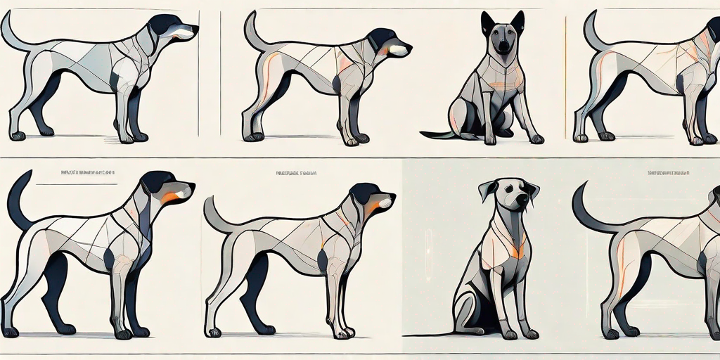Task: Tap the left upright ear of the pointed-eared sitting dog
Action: point(487,23)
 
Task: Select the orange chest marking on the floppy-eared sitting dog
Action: point(519,250)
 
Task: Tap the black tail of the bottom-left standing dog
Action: point(15,200)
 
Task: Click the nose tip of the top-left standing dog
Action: point(195,30)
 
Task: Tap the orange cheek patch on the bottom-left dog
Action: point(168,198)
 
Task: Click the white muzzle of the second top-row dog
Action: point(399,50)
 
